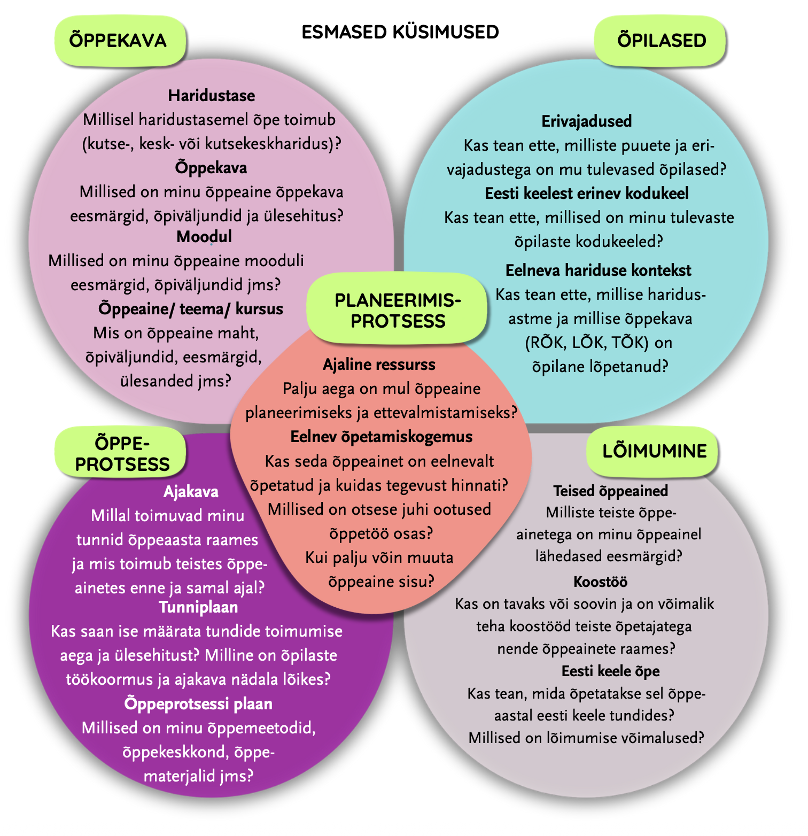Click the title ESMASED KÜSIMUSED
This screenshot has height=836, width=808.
pos(400,32)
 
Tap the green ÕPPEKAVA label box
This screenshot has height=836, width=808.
pos(119,41)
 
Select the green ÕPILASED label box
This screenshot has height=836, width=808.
pos(661,41)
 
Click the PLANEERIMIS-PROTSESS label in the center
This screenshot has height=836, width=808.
pos(398,311)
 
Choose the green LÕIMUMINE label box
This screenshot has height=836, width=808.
pos(654,451)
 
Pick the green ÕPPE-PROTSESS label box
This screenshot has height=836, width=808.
pos(122,454)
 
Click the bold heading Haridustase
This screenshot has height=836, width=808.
pos(212,96)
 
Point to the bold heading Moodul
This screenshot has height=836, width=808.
pos(204,236)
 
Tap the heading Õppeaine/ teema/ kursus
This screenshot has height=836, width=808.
pos(191,309)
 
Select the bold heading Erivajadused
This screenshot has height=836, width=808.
pos(587,121)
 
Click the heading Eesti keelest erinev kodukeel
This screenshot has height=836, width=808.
pos(587,193)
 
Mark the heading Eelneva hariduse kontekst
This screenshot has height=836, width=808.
pos(598,270)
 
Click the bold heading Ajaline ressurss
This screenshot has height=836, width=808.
pos(379,365)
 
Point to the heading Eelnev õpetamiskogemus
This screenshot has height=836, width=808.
pos(381,437)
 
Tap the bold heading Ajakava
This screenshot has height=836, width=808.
pos(191,492)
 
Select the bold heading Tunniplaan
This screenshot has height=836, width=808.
pos(198,607)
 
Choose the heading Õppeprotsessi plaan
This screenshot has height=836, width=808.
pos(198,703)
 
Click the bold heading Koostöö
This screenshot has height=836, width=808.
pos(600,582)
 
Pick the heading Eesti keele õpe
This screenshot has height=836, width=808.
pos(610,671)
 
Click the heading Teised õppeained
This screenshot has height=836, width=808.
pos(610,491)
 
